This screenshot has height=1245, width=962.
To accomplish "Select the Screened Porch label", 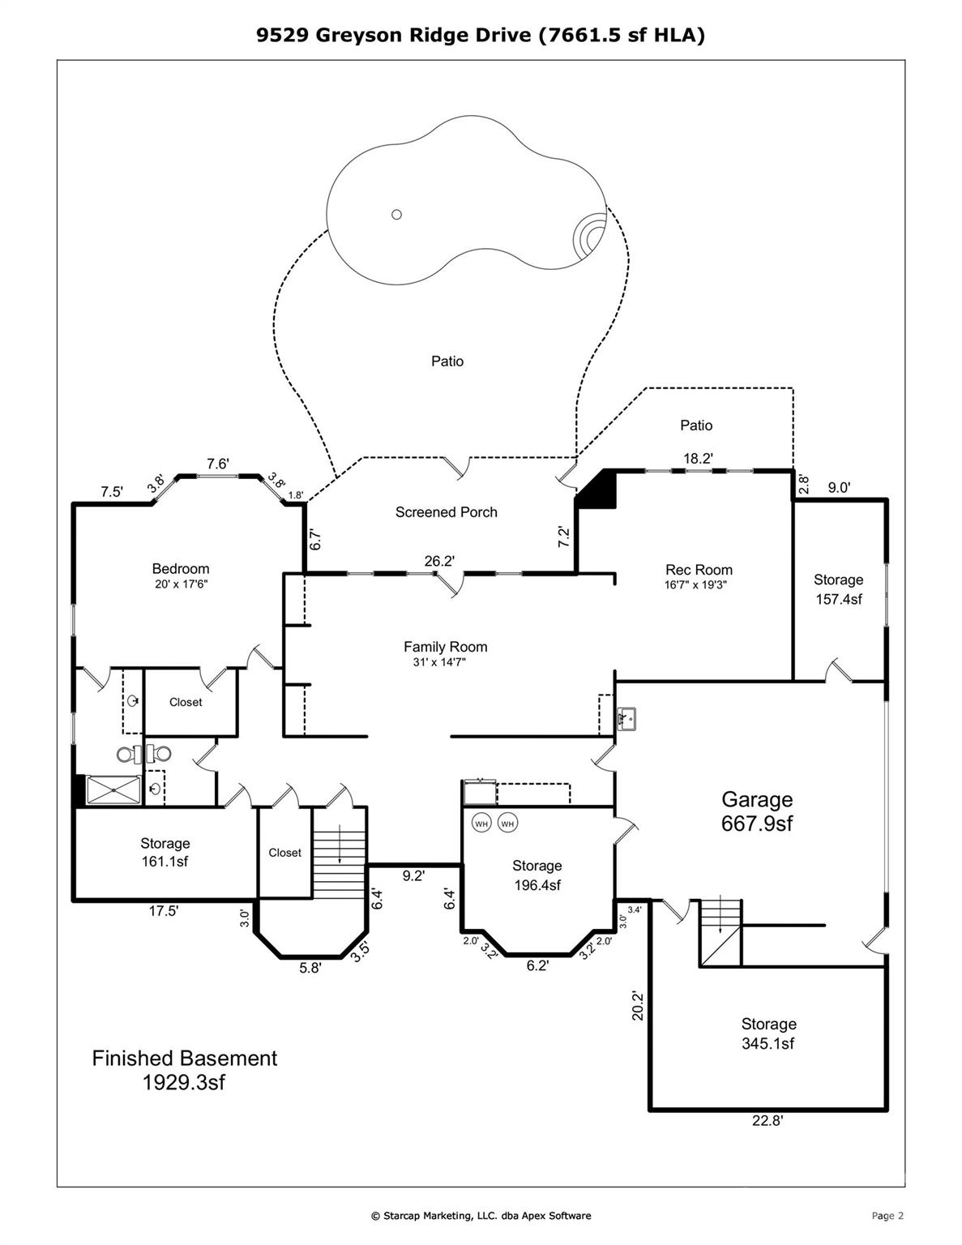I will (446, 512).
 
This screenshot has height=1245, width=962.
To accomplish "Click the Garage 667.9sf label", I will (757, 811).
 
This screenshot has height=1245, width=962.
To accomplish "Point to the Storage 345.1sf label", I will (768, 1033).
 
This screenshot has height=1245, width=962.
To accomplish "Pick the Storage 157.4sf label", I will (838, 589).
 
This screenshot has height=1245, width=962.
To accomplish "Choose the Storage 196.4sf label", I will (537, 875).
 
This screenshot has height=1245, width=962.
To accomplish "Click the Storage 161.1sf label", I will (165, 853).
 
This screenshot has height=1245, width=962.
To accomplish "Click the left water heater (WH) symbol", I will (481, 824).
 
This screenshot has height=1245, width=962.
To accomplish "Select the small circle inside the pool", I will (396, 214).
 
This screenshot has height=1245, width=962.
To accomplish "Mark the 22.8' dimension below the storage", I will (767, 1122).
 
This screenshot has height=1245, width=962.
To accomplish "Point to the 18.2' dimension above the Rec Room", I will (698, 458).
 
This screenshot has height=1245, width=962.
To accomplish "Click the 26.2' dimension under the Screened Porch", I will (439, 561).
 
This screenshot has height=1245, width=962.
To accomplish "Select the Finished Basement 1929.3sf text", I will (184, 1070).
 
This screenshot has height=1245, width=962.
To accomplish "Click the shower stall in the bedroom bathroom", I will (113, 789).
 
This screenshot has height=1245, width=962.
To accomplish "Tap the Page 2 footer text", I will (887, 1215).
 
